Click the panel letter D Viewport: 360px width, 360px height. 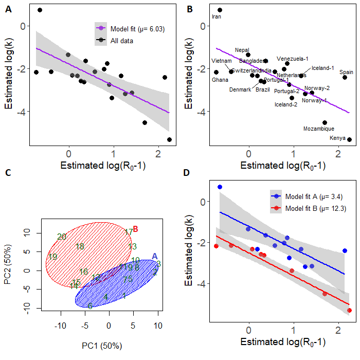[187, 172]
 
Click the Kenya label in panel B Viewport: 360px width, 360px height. [338, 138]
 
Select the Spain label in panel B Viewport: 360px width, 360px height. [346, 72]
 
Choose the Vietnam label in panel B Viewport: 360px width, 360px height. [222, 61]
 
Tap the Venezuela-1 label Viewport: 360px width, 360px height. [293, 59]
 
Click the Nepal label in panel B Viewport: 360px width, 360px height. [242, 50]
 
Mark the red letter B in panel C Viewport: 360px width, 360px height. [136, 229]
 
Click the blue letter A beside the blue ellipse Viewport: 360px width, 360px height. [155, 256]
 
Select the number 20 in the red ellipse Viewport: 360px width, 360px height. [62, 237]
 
